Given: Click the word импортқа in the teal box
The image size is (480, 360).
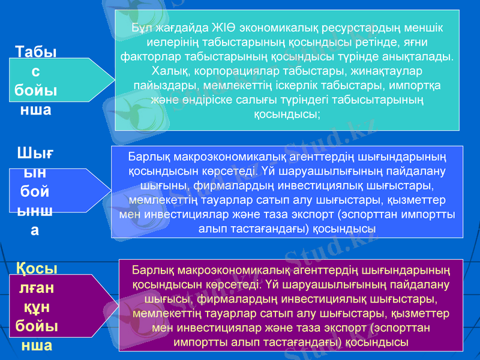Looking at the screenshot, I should tap(418, 85).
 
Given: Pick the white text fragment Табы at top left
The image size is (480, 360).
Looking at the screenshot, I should tap(36, 52).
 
